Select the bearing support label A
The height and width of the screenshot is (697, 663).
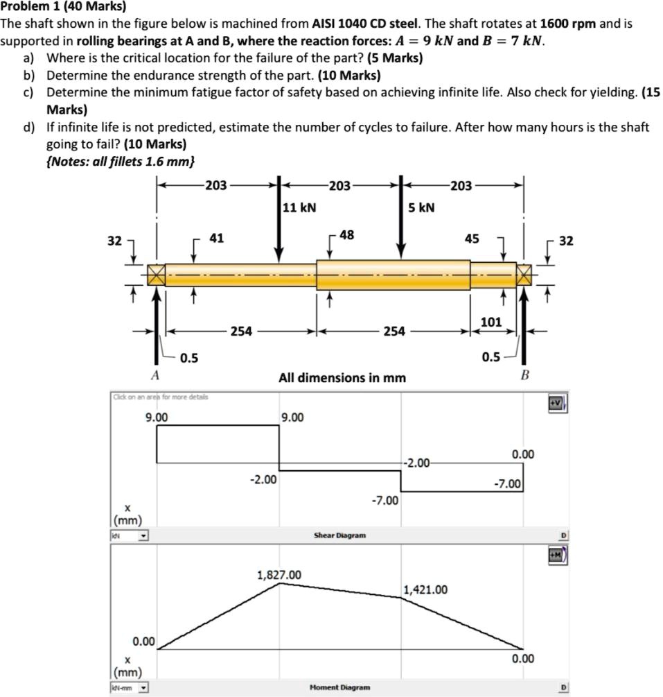(155, 375)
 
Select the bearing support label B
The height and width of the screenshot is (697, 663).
(524, 375)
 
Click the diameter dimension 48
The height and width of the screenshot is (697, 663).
(346, 235)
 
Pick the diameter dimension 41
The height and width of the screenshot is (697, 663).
(216, 239)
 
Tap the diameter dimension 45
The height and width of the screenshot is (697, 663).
(471, 239)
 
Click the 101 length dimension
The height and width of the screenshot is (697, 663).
(490, 322)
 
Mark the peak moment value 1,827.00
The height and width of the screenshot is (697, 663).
(279, 575)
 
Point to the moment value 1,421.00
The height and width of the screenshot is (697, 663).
(425, 590)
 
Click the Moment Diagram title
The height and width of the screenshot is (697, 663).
(339, 687)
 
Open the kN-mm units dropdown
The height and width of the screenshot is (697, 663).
(130, 688)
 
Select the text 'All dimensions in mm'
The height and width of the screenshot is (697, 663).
(342, 378)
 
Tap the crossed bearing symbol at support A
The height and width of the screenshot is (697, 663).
(156, 275)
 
